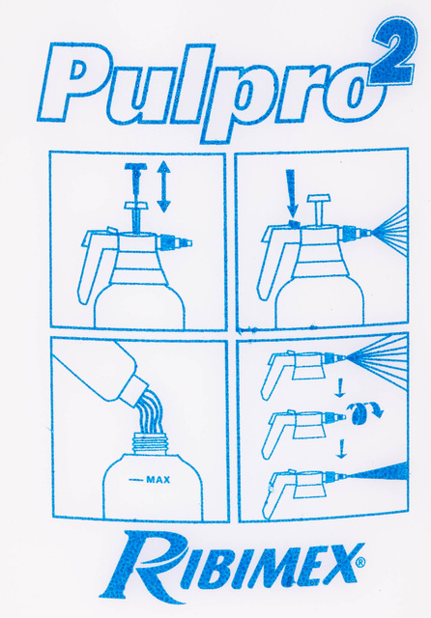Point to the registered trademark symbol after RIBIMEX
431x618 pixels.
tap(360, 561)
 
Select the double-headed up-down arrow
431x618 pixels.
tap(163, 186)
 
